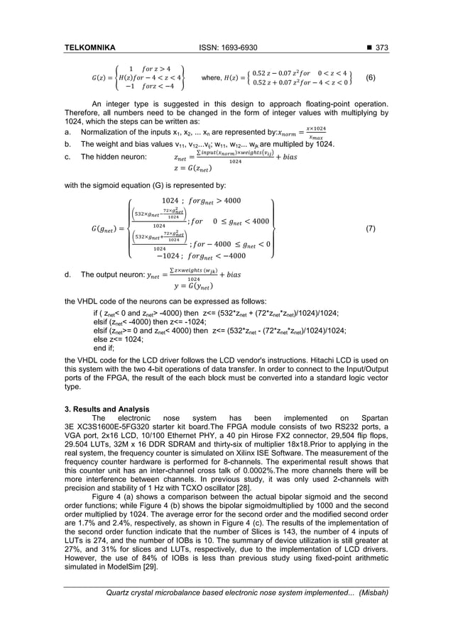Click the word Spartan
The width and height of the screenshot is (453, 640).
point(373,418)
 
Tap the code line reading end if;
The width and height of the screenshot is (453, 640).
point(105,348)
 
